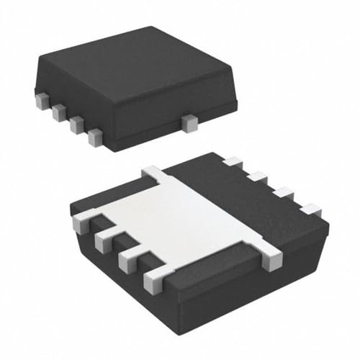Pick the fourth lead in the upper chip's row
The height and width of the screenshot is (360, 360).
coord(95,136)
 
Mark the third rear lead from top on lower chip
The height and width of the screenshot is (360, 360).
coord(283,193)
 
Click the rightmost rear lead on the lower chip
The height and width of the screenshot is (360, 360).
coord(310,210)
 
